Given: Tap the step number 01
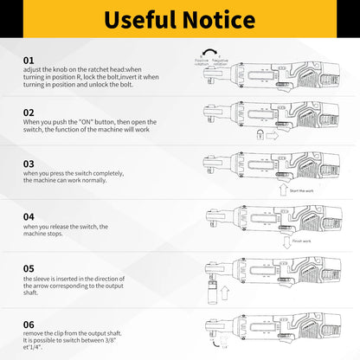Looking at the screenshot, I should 29,60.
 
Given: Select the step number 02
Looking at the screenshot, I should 29,112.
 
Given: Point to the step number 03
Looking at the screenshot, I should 29,163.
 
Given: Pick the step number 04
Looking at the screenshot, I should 29,215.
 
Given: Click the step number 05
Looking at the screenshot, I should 29,267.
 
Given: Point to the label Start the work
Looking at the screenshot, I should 302,190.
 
